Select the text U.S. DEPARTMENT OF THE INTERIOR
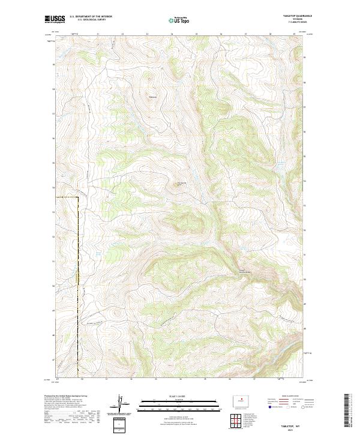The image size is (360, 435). [x=91, y=17]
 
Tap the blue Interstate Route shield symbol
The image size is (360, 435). [x=267, y=407]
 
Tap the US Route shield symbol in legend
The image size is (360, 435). [x=289, y=407]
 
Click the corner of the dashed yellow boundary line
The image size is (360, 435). [x=79, y=197]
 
